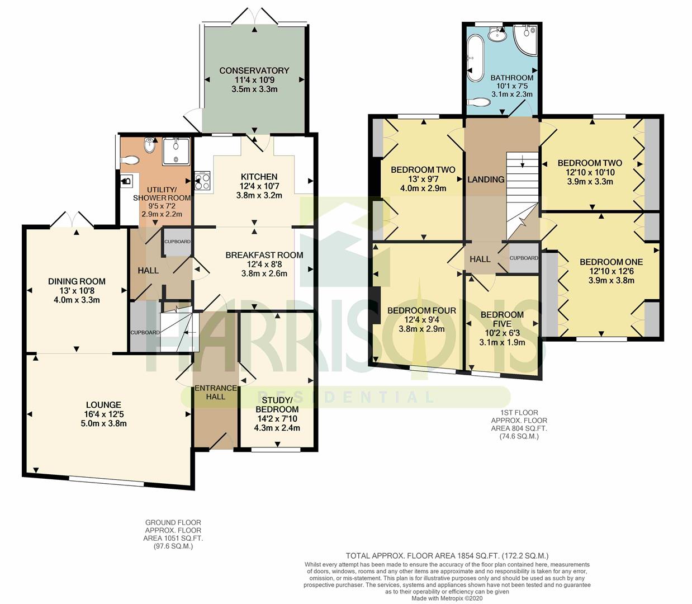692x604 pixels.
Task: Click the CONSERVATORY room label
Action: coord(254,70)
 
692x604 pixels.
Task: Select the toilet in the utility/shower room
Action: coord(130,160)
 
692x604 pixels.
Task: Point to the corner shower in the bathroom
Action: coord(525,41)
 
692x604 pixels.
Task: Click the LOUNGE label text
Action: coord(103,405)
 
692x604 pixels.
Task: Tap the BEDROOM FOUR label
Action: coord(421,310)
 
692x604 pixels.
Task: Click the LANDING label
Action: coord(486,180)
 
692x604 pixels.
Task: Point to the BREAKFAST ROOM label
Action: coord(264,255)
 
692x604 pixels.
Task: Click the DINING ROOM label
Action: coord(77,281)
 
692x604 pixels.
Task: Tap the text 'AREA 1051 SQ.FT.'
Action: coord(173,538)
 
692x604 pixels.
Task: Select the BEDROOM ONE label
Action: coord(611,262)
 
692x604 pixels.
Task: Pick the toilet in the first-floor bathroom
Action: coord(478,102)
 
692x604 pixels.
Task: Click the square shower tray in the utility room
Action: coord(176,151)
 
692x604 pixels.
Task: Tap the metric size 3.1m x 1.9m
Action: coord(502,342)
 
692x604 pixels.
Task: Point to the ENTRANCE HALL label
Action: coord(215,392)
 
